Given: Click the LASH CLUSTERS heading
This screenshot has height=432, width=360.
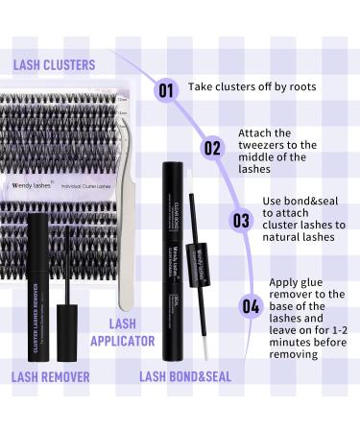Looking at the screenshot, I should pyautogui.click(x=54, y=65).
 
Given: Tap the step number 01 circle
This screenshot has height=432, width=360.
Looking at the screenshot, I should pyautogui.click(x=166, y=91).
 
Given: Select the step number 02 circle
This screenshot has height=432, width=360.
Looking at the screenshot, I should pyautogui.click(x=212, y=148).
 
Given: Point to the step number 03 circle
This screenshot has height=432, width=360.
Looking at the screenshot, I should pyautogui.click(x=241, y=220).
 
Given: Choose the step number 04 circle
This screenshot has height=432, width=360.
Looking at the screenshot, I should pyautogui.click(x=250, y=306).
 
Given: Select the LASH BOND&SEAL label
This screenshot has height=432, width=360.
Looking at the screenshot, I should pyautogui.click(x=184, y=376).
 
